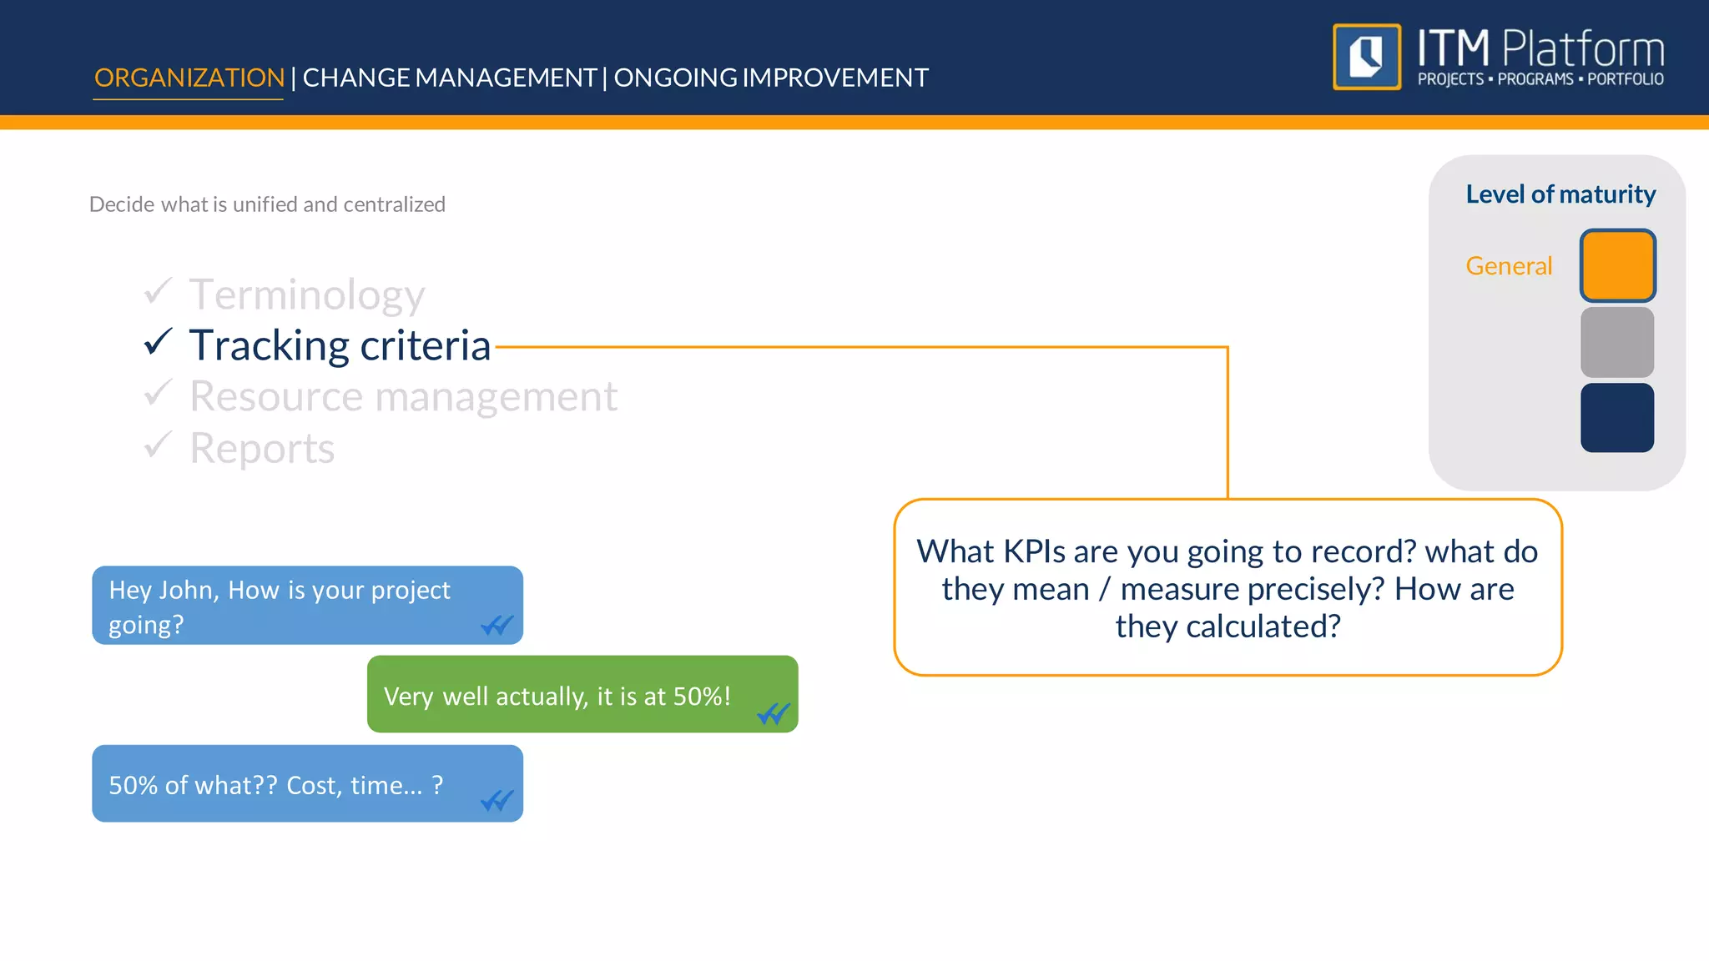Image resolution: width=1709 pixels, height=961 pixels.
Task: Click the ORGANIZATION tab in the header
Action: pyautogui.click(x=189, y=78)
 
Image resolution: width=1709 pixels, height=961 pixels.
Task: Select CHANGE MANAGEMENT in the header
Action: pyautogui.click(x=449, y=78)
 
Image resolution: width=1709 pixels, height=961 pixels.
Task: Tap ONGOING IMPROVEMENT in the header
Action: pyautogui.click(x=770, y=78)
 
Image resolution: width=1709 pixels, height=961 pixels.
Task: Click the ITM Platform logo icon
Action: pyautogui.click(x=1366, y=57)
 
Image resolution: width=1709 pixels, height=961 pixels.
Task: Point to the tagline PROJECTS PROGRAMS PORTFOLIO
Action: pyautogui.click(x=1540, y=79)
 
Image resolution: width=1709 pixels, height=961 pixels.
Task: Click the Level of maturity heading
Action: pyautogui.click(x=1560, y=194)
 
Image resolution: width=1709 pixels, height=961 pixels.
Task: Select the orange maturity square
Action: pyautogui.click(x=1616, y=265)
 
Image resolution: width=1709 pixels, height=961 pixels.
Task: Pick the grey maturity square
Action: pyautogui.click(x=1616, y=342)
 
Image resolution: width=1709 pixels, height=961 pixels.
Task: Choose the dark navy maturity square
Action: pyautogui.click(x=1616, y=417)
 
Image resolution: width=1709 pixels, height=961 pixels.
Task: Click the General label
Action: pyautogui.click(x=1508, y=266)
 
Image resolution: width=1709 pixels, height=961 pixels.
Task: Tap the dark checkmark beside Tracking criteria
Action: pyautogui.click(x=158, y=342)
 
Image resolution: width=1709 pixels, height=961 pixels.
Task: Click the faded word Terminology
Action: pyautogui.click(x=306, y=295)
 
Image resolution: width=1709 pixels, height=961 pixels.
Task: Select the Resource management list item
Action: pyautogui.click(x=403, y=396)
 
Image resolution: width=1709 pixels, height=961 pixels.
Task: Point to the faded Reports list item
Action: pyautogui.click(x=261, y=449)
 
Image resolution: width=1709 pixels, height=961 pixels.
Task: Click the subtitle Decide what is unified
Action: pyautogui.click(x=267, y=204)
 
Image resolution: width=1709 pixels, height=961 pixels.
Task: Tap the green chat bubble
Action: pyautogui.click(x=582, y=694)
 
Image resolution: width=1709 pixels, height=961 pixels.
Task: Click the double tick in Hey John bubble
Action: pyautogui.click(x=497, y=625)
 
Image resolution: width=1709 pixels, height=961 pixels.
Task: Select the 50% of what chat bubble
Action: pyautogui.click(x=306, y=783)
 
